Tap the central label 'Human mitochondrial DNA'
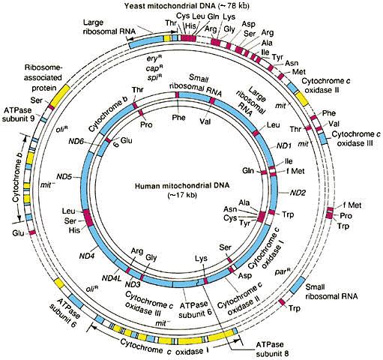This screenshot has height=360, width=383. point(182,186)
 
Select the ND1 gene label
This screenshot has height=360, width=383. point(284,145)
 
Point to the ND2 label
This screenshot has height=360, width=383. point(298,193)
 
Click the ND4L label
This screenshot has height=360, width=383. point(112,277)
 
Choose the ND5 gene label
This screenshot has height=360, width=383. point(64,177)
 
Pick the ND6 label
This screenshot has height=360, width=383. point(76,142)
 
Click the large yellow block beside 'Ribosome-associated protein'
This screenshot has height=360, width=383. point(60,95)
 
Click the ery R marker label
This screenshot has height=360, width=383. point(154,59)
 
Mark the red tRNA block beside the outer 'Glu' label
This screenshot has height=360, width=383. point(32,232)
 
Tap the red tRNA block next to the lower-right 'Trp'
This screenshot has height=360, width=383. point(282,302)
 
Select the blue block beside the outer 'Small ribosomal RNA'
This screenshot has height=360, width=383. point(298,285)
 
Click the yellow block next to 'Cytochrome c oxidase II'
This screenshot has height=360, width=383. point(302,99)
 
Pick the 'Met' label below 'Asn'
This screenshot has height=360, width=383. point(299,72)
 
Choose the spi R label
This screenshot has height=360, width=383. point(154,77)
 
